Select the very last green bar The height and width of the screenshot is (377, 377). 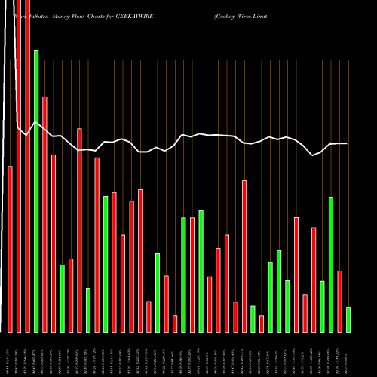(x=348, y=320)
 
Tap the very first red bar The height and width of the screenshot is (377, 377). (x=11, y=249)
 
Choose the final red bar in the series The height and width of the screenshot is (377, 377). (x=339, y=301)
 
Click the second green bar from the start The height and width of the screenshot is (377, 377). (x=62, y=299)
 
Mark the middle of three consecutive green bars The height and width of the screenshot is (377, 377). (x=279, y=291)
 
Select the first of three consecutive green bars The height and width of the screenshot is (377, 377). (x=271, y=297)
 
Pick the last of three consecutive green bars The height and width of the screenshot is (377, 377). (x=287, y=306)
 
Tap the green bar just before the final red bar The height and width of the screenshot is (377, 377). (x=331, y=264)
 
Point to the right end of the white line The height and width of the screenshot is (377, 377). (x=348, y=143)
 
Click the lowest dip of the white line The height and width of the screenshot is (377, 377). (x=313, y=155)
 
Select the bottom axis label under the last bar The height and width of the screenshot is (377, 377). (x=348, y=354)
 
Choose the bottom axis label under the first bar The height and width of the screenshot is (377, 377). (x=11, y=354)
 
